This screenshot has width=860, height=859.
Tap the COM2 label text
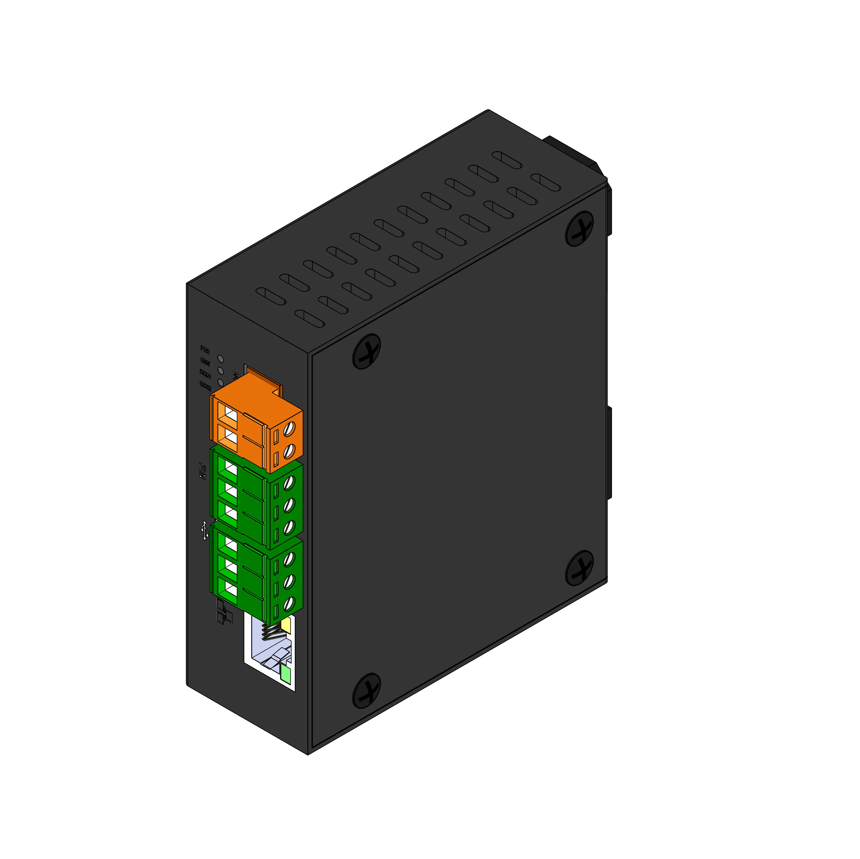(x=205, y=385)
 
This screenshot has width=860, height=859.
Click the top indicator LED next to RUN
(x=220, y=359)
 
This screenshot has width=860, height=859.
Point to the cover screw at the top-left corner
(x=366, y=351)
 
